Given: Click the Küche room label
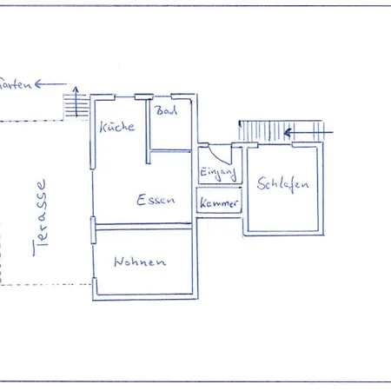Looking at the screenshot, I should coord(117,127).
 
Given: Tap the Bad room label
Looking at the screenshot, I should coord(165,111).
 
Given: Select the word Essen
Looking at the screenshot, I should coord(156,200).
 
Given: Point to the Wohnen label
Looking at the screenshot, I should coord(137,262).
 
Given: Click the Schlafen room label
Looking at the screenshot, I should coord(283,184).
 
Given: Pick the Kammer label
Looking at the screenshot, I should coord(218,203).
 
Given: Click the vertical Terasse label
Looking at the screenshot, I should coord(40,217).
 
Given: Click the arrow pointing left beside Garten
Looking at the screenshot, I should coord(50,84).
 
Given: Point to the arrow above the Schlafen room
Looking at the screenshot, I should coord(300,132).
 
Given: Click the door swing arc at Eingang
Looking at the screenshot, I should coord(225,156).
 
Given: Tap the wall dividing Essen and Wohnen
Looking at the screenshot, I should coord(143,226).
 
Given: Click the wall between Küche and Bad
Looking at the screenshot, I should coord(149,126).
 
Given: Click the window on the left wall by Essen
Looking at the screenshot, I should coord(92,230).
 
